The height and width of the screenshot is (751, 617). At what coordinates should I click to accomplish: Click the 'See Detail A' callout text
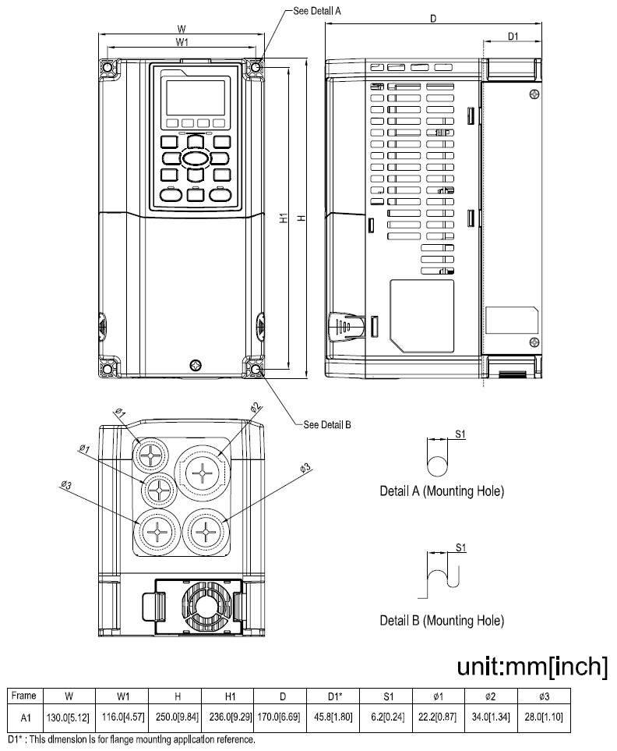(317, 12)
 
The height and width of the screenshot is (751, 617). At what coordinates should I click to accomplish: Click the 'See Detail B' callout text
(327, 425)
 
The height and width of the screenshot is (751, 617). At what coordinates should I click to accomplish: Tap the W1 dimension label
(181, 42)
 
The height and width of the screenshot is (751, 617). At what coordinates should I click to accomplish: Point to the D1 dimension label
(513, 36)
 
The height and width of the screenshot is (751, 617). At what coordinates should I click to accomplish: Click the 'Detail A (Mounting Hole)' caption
(441, 492)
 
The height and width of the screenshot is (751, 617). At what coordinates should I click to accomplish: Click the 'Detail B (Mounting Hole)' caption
(441, 621)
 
